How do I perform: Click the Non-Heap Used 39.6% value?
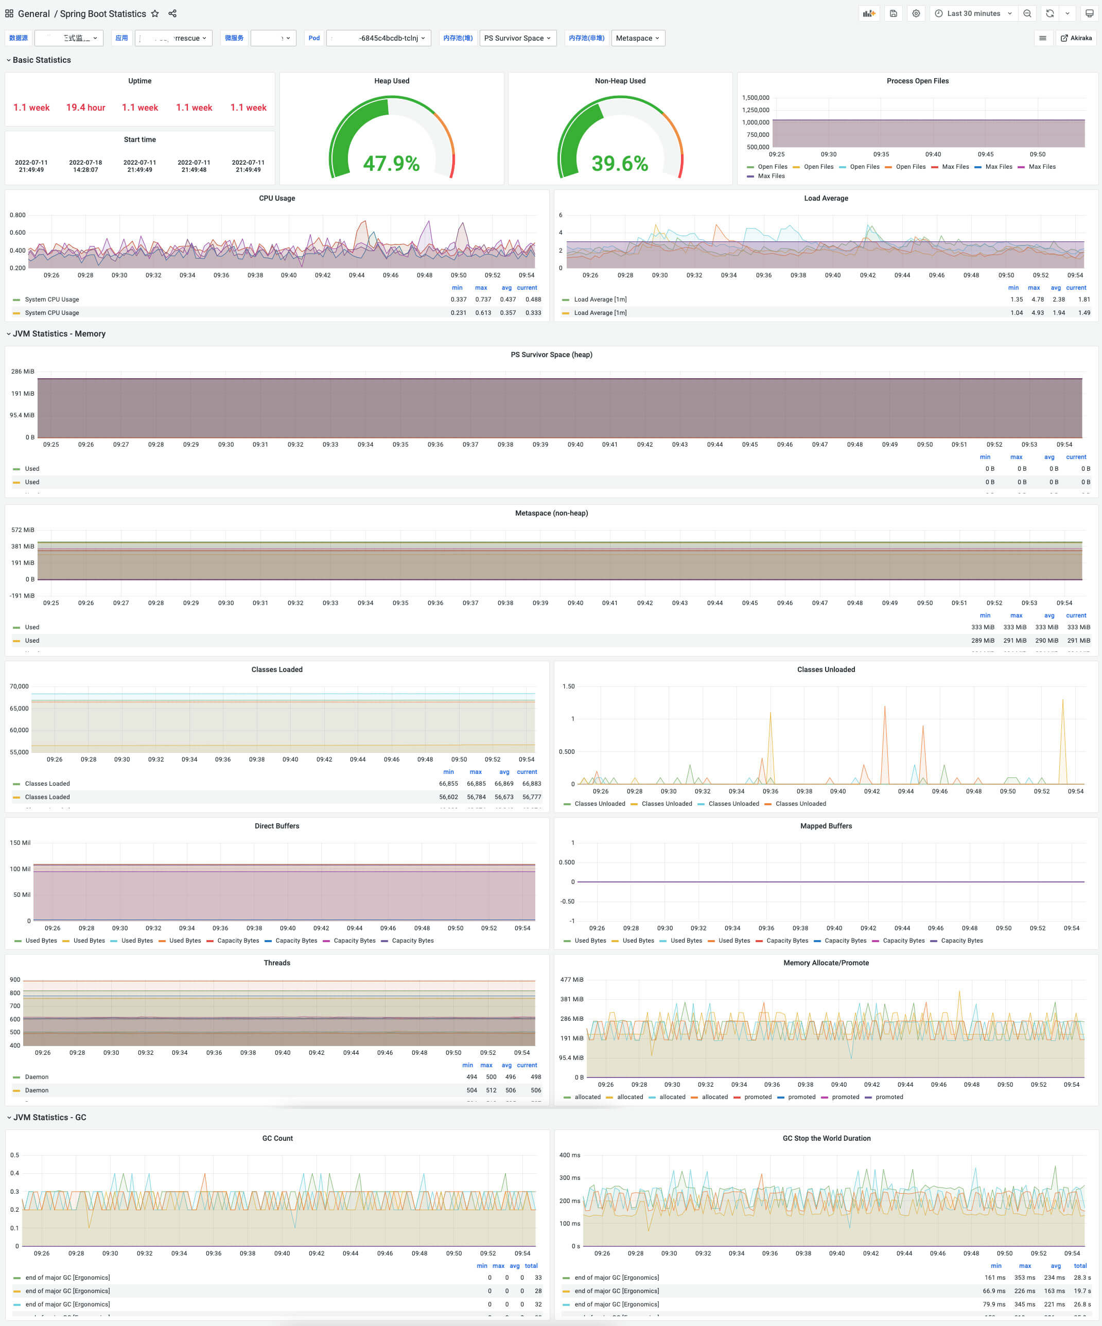coord(620,164)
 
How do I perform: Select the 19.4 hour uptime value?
coord(86,108)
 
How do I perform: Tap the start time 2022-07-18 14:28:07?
coord(85,166)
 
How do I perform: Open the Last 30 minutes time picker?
coord(973,13)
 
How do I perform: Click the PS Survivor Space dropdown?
coord(517,38)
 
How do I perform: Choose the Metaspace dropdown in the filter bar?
coord(637,38)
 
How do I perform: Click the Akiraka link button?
coord(1076,38)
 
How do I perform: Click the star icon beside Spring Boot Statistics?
coord(155,13)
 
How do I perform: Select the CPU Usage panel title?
coord(276,198)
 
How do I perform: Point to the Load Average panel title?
coord(826,198)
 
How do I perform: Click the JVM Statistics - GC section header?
coord(49,1117)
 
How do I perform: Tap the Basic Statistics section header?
coord(42,60)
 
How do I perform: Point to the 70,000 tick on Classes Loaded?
coord(19,686)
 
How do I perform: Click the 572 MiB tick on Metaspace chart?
coord(23,530)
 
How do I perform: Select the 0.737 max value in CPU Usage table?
coord(483,299)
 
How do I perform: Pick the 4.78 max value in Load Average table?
coord(1038,299)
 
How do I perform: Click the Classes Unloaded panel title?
coord(826,669)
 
